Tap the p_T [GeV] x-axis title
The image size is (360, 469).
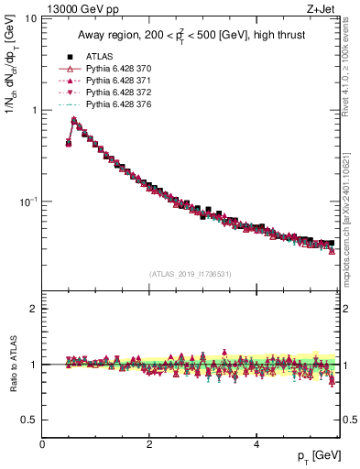(x=313, y=455)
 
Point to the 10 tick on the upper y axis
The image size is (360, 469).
(x=30, y=19)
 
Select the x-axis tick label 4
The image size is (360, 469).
(x=256, y=443)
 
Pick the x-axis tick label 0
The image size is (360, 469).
(x=42, y=443)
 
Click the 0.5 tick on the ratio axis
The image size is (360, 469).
(x=29, y=420)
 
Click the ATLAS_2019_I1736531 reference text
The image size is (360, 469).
(x=191, y=272)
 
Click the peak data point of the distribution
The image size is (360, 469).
(x=74, y=120)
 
